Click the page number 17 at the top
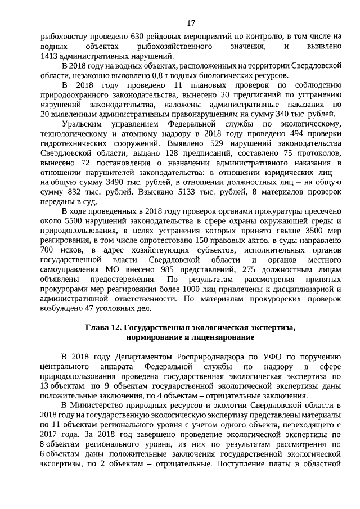191,23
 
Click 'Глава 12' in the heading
103,327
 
